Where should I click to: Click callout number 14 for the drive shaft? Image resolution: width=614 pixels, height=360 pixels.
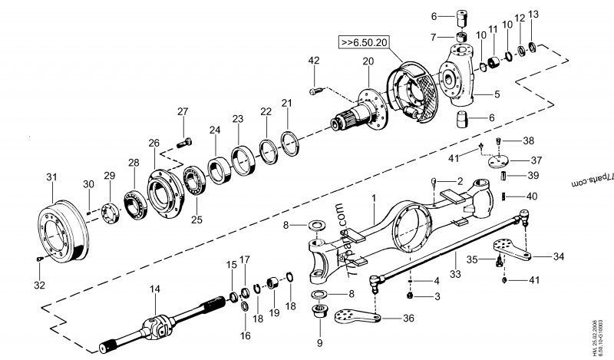click(x=155, y=289)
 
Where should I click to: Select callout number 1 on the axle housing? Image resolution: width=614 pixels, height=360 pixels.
click(x=375, y=198)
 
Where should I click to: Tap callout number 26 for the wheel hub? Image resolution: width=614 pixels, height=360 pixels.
click(x=153, y=143)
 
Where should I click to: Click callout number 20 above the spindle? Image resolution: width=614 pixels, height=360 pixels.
click(x=368, y=61)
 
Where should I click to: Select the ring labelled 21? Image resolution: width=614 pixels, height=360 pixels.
click(x=289, y=143)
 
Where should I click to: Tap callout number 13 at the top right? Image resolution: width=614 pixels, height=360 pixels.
click(x=534, y=15)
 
